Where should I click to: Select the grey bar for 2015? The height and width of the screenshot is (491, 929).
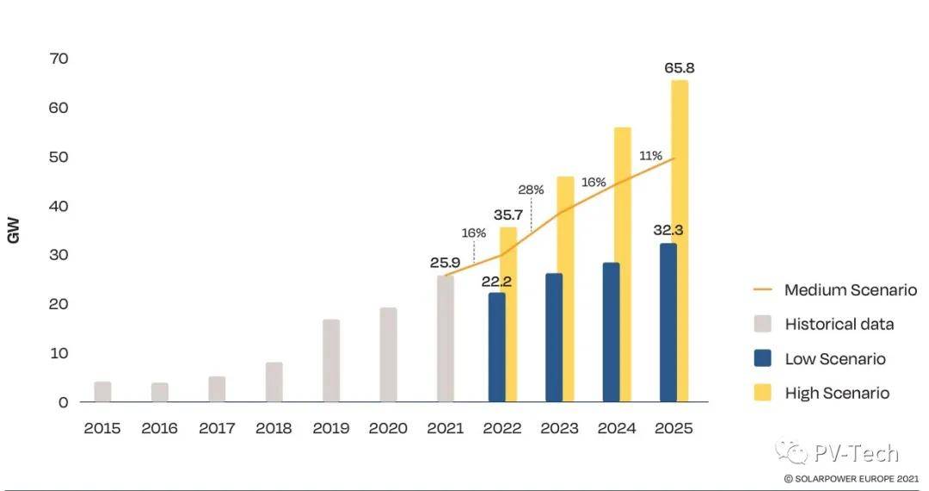click(x=102, y=391)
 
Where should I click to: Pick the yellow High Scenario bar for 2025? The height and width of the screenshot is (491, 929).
click(x=680, y=241)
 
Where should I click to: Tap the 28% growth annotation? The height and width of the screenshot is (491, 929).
click(x=531, y=190)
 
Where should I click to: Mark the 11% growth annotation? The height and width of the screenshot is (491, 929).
click(x=650, y=156)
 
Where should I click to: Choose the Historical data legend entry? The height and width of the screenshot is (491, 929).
click(x=839, y=324)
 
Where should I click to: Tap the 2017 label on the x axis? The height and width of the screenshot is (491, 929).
click(x=217, y=428)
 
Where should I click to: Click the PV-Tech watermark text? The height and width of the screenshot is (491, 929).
click(x=855, y=453)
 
